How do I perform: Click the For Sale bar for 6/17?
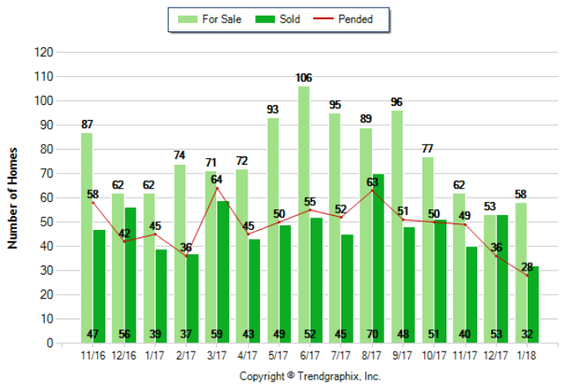click(304, 215)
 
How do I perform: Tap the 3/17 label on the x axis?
click(217, 357)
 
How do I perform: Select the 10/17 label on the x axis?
click(435, 357)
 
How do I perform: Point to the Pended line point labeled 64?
click(218, 188)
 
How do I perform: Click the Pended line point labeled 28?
click(528, 275)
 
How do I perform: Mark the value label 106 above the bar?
click(304, 78)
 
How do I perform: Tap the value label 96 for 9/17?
click(397, 102)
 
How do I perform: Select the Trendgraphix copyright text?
click(310, 376)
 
